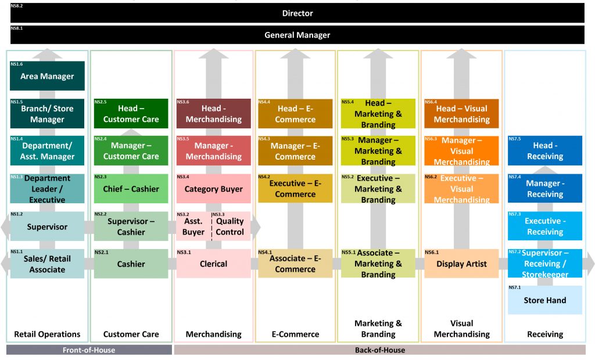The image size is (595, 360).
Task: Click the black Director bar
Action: click(x=297, y=13)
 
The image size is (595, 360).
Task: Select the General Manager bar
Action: click(x=297, y=35)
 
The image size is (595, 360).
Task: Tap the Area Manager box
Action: click(x=47, y=76)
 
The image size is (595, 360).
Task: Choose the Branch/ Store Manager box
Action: click(x=47, y=114)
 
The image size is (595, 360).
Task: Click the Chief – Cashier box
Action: click(x=131, y=189)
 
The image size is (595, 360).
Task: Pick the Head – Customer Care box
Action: click(x=131, y=114)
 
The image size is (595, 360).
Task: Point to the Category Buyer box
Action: click(x=213, y=189)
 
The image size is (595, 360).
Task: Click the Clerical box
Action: click(x=213, y=264)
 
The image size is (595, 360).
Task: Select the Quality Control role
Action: click(x=230, y=226)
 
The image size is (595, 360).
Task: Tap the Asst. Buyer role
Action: click(x=193, y=226)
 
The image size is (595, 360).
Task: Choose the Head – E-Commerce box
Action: click(x=295, y=114)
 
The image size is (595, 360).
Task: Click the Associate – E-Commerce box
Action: click(x=295, y=264)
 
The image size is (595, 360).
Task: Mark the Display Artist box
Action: click(x=461, y=264)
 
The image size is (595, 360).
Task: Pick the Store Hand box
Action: click(x=544, y=300)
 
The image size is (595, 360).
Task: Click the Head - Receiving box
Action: click(x=544, y=151)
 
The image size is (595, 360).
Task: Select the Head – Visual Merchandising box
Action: click(x=461, y=114)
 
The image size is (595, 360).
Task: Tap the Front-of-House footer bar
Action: click(x=89, y=350)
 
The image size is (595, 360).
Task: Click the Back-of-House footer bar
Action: click(x=379, y=350)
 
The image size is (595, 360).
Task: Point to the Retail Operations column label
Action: click(x=47, y=334)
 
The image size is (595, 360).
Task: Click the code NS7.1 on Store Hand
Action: click(x=515, y=288)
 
